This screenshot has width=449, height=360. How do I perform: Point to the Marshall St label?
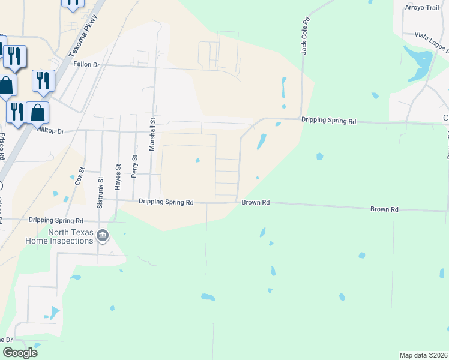point(152,133)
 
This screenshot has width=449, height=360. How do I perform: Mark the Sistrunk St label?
point(100,191)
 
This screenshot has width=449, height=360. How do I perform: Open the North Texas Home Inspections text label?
point(59,237)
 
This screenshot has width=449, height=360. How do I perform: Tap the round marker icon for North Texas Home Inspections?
point(103,236)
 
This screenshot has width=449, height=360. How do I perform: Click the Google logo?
point(20,352)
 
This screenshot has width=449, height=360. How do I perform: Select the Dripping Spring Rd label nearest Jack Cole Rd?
point(328,121)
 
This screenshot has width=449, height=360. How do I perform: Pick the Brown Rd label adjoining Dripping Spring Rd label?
point(255,203)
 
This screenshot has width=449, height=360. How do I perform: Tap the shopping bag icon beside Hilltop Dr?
point(38,112)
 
